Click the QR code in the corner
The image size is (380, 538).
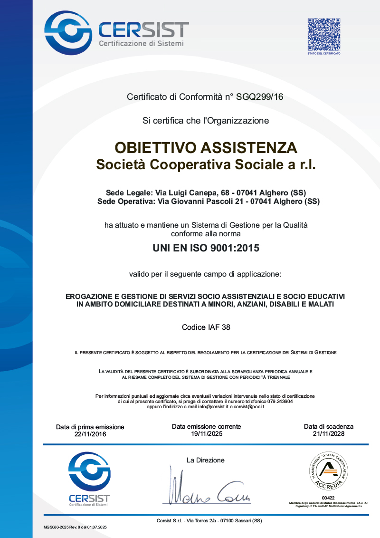click(x=324, y=35)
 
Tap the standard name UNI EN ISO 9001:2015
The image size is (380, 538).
click(x=206, y=248)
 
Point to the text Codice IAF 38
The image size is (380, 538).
click(x=206, y=327)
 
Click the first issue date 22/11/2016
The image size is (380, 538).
click(x=90, y=434)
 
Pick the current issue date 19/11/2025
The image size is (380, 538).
click(x=207, y=433)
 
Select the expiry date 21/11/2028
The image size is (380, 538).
click(x=329, y=433)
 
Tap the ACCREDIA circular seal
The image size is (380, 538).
click(x=328, y=472)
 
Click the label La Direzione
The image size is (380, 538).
click(x=206, y=460)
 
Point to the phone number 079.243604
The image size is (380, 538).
click(x=278, y=401)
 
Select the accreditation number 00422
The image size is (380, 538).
click(x=328, y=498)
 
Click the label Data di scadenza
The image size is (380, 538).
click(x=329, y=426)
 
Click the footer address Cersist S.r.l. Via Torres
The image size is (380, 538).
click(x=209, y=521)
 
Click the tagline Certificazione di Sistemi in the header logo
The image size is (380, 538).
click(x=141, y=44)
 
